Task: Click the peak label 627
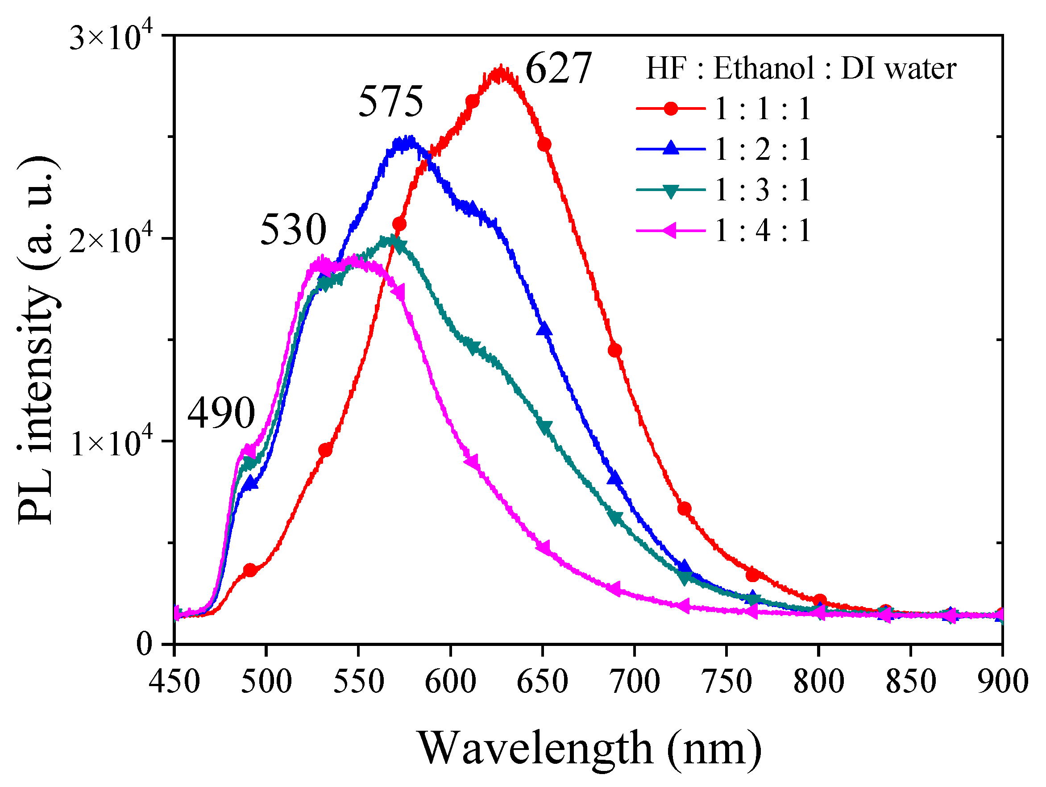558,68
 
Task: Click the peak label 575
390,102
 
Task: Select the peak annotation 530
293,229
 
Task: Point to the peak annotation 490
221,413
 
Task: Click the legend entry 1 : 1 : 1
762,109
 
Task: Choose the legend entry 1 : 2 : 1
762,150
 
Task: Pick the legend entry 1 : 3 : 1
762,190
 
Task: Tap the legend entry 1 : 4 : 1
762,231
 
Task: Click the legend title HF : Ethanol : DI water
801,68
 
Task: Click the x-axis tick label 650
542,682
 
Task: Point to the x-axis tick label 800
818,682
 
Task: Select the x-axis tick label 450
174,682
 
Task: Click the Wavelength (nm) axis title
589,748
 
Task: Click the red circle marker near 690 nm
615,350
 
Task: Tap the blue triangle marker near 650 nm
544,329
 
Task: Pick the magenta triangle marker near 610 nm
471,461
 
